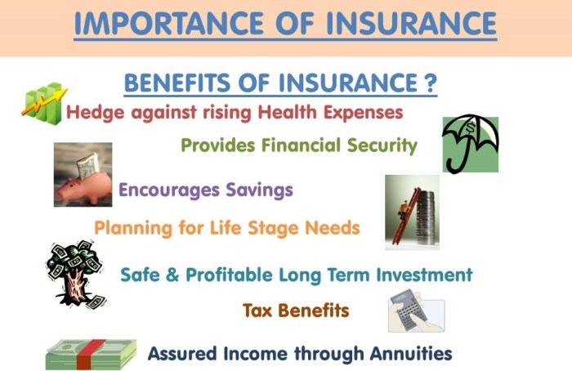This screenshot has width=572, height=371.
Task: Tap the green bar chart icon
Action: (42, 102)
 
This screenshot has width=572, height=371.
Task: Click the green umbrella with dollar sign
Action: (470, 143)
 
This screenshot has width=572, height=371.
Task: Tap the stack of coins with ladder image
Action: (412, 211)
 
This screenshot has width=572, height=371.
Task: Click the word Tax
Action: (257, 311)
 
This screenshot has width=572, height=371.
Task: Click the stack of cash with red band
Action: (91, 354)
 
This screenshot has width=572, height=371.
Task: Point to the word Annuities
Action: (412, 354)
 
